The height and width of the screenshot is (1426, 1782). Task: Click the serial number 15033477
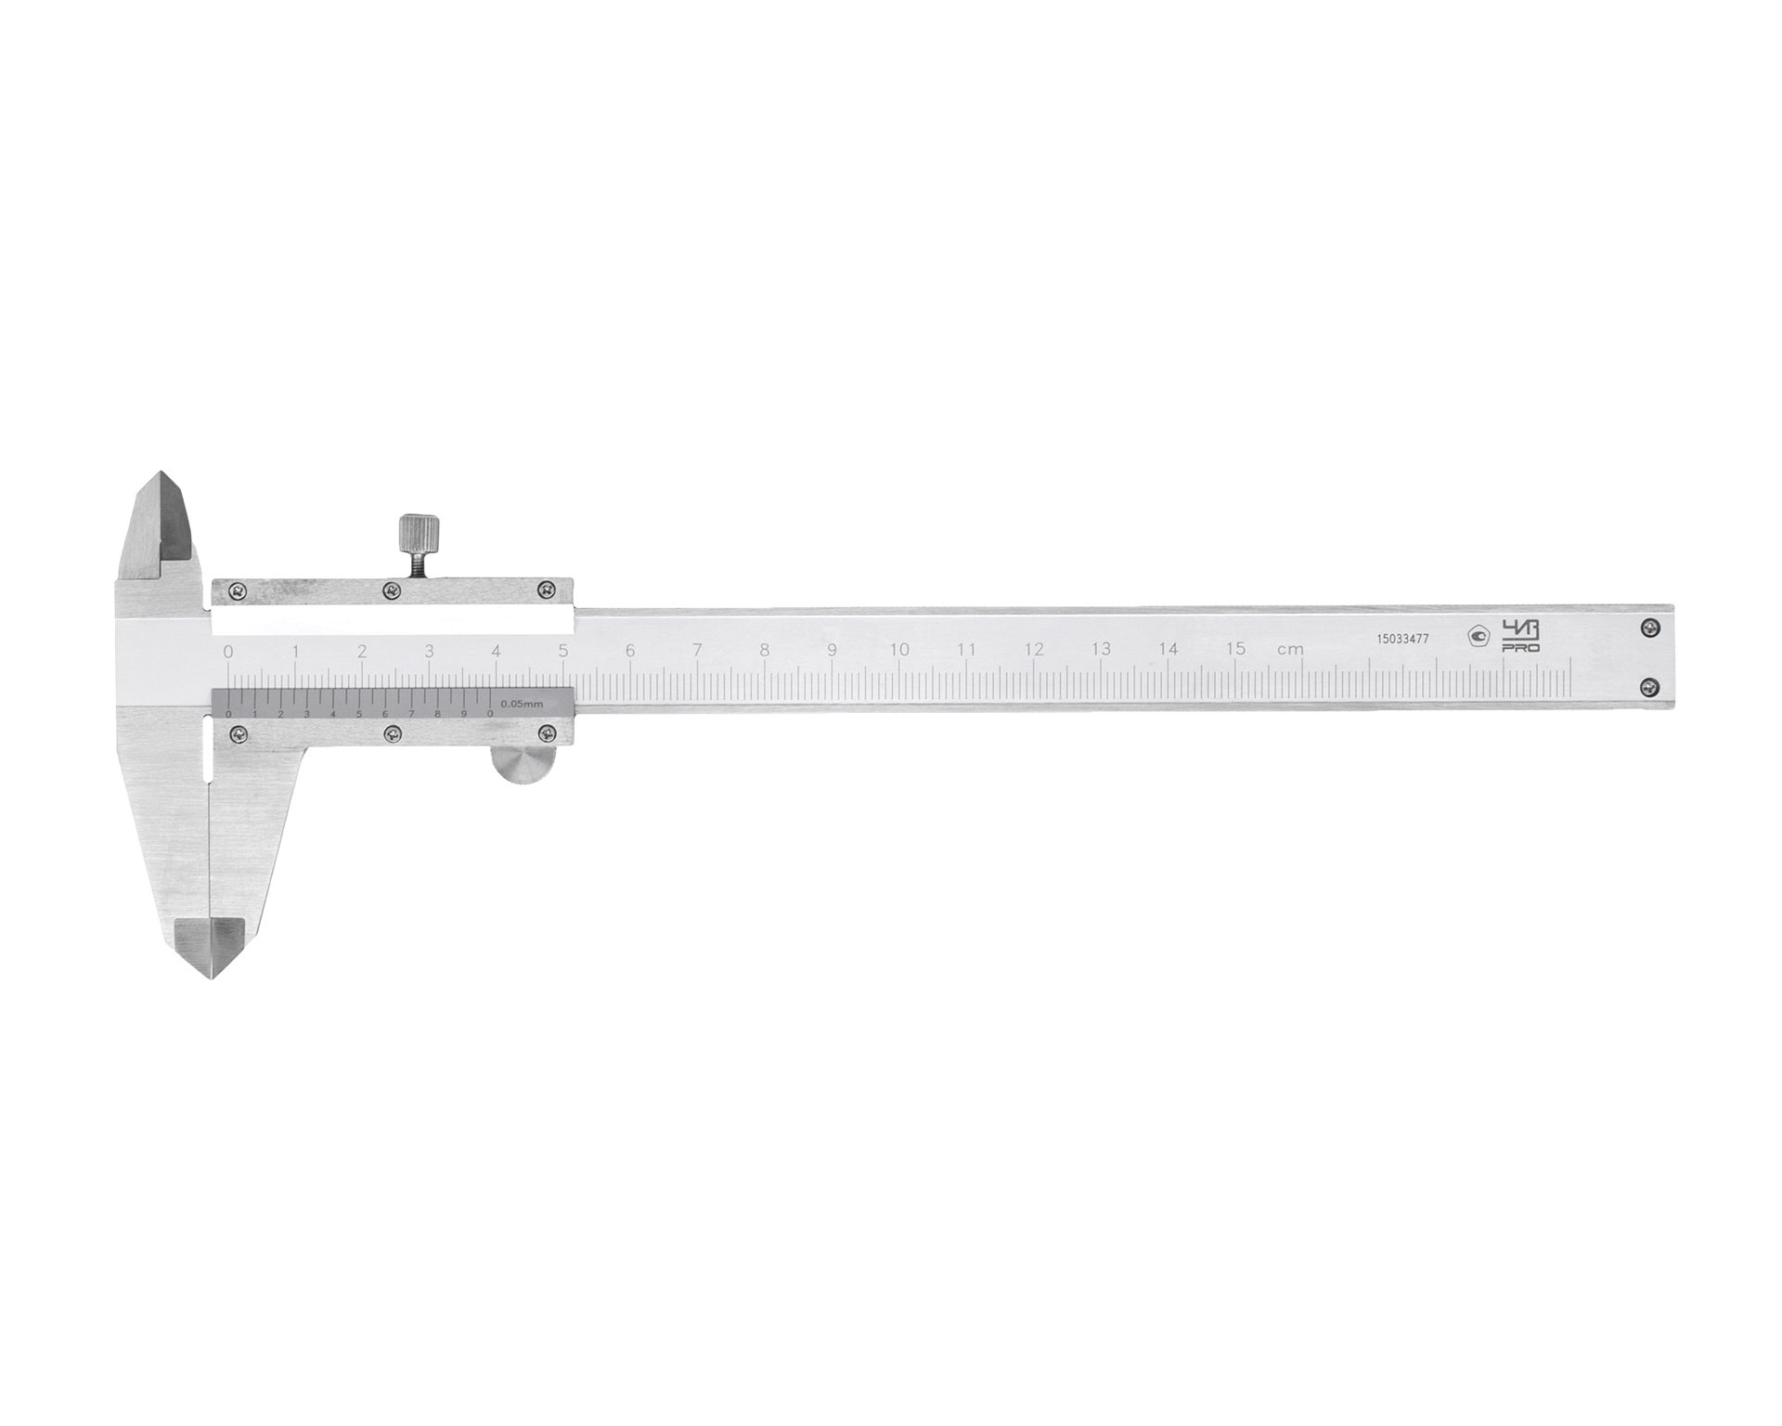[1402, 639]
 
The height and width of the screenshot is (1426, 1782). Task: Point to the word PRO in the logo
[1520, 648]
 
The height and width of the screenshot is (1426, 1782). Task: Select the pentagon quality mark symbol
[1478, 636]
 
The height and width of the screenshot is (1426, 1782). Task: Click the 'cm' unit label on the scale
[1290, 650]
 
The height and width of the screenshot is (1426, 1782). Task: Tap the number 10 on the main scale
[898, 650]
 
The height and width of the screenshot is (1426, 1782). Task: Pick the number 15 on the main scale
[1235, 649]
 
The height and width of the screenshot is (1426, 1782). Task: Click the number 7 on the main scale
[697, 650]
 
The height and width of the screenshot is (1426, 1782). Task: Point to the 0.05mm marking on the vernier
[522, 704]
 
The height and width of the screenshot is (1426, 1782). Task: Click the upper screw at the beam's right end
[1648, 629]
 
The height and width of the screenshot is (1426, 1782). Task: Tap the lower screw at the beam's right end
[1648, 687]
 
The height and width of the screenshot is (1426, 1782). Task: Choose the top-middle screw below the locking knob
[393, 590]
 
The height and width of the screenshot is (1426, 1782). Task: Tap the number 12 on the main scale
[1033, 650]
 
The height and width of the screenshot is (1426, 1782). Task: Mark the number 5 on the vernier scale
[359, 713]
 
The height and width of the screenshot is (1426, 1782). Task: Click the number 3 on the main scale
[429, 651]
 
